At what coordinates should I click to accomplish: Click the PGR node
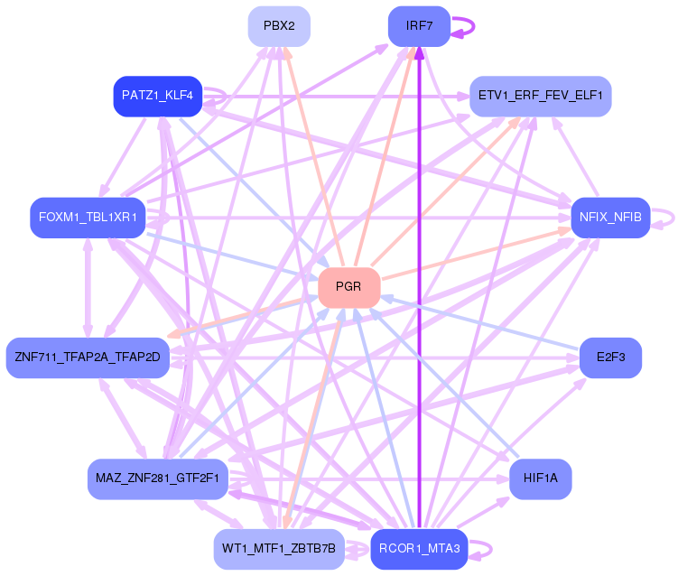pos(349,288)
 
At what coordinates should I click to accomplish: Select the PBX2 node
pos(279,26)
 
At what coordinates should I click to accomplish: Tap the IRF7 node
pos(419,26)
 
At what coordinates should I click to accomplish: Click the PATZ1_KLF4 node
pos(157,96)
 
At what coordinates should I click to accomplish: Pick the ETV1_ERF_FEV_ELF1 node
pos(541,96)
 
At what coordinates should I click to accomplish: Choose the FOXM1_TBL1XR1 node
pos(88,218)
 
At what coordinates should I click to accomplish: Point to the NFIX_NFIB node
pos(610,218)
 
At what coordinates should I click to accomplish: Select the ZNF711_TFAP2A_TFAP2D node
pos(88,358)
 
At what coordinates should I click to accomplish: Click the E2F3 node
pos(610,358)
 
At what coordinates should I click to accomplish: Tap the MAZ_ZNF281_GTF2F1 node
pos(157,479)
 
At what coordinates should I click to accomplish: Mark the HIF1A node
pos(541,479)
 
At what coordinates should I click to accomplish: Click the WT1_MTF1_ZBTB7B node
pos(279,549)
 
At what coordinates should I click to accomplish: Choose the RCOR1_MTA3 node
pos(419,549)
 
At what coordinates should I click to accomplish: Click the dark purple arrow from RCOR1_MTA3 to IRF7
pos(419,288)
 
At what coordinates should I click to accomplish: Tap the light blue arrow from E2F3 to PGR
pos(479,322)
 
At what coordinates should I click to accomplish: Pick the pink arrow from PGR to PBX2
pos(313,156)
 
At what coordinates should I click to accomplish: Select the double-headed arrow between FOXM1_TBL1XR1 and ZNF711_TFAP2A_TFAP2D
pos(88,288)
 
